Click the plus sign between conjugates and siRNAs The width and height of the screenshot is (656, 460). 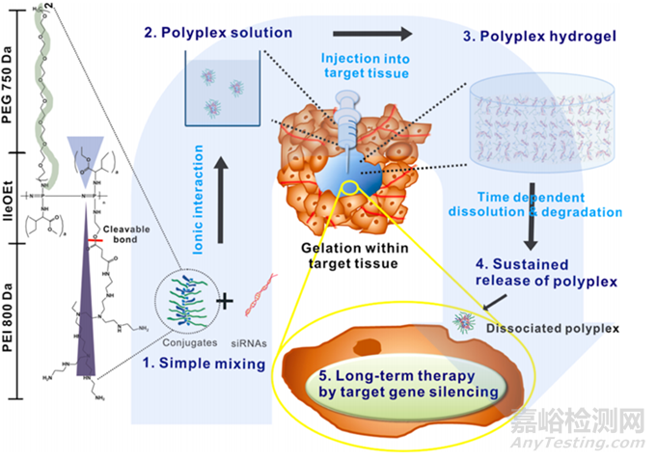pos(227,301)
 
